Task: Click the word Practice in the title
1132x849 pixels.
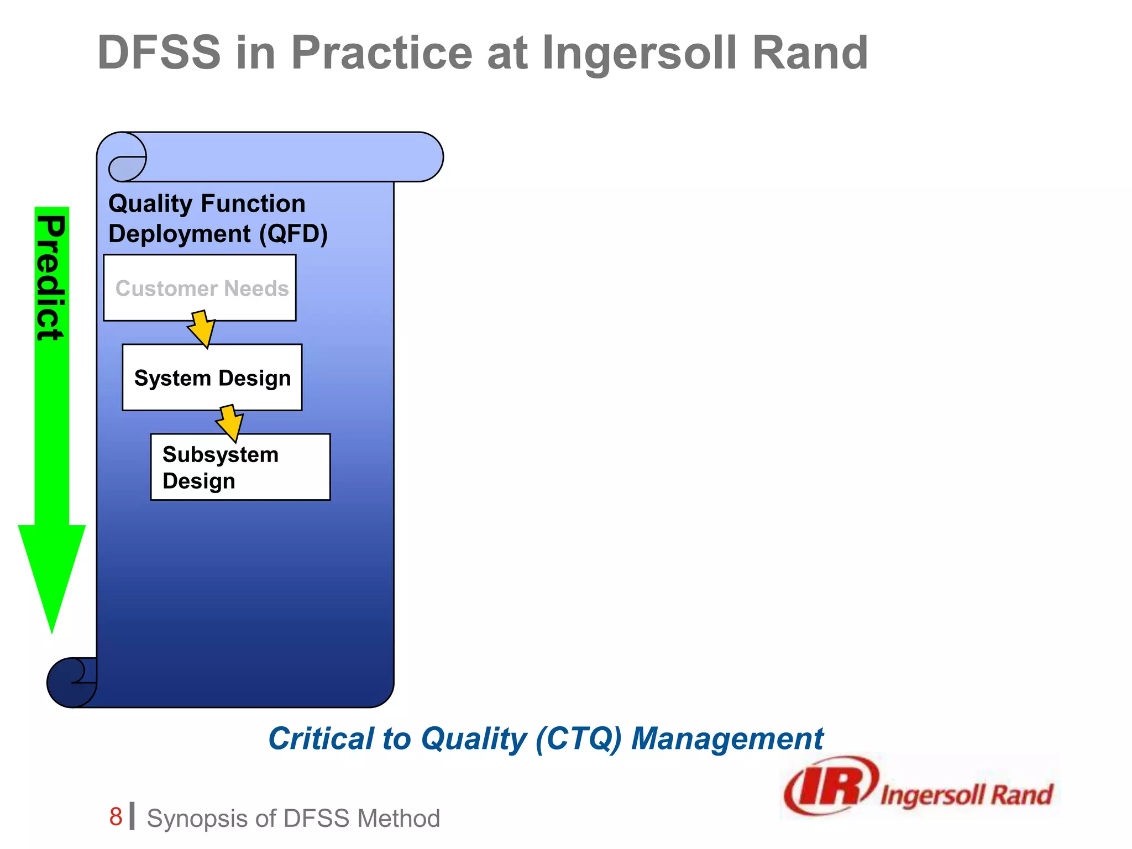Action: (381, 53)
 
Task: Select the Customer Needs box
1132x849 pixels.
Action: (200, 288)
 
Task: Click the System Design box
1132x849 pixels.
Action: (212, 378)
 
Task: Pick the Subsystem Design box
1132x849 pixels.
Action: (240, 467)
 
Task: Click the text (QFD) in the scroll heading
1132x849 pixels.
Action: (294, 234)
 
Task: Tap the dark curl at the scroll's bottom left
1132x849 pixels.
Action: (71, 682)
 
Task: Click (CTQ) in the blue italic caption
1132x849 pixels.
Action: (578, 738)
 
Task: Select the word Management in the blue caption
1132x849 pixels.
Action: (727, 738)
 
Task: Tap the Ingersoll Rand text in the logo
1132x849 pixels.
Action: (966, 795)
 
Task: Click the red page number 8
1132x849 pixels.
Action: (116, 816)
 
